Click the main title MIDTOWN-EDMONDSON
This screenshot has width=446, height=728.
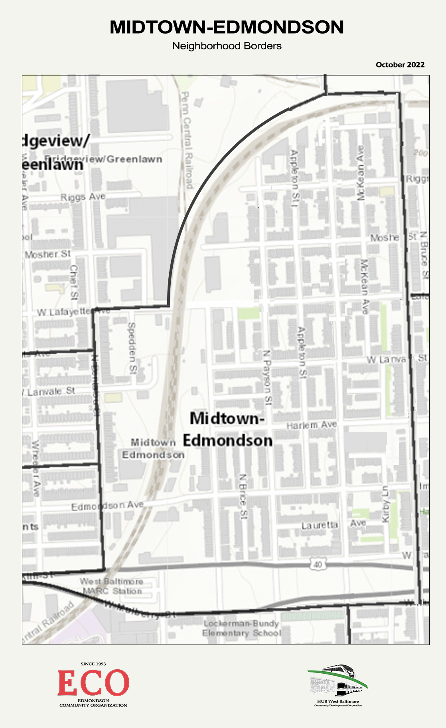pos(227,27)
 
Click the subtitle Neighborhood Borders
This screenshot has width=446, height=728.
pos(227,46)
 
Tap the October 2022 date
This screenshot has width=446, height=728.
pos(400,65)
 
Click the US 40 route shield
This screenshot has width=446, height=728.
pos(317,565)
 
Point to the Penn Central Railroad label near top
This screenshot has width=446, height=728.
pos(186,140)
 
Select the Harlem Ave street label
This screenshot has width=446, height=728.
pos(312,425)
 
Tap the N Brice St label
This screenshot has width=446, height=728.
pos(243,496)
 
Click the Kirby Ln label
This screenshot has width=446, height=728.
pos(385,504)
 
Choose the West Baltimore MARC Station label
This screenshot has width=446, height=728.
pos(112,586)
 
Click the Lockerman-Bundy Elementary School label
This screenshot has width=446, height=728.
pos(241,628)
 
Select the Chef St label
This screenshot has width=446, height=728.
pos(74,282)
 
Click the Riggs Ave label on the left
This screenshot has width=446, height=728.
pos(83,197)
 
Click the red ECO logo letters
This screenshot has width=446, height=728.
pos(93,683)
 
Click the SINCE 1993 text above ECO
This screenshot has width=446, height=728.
pos(93,664)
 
